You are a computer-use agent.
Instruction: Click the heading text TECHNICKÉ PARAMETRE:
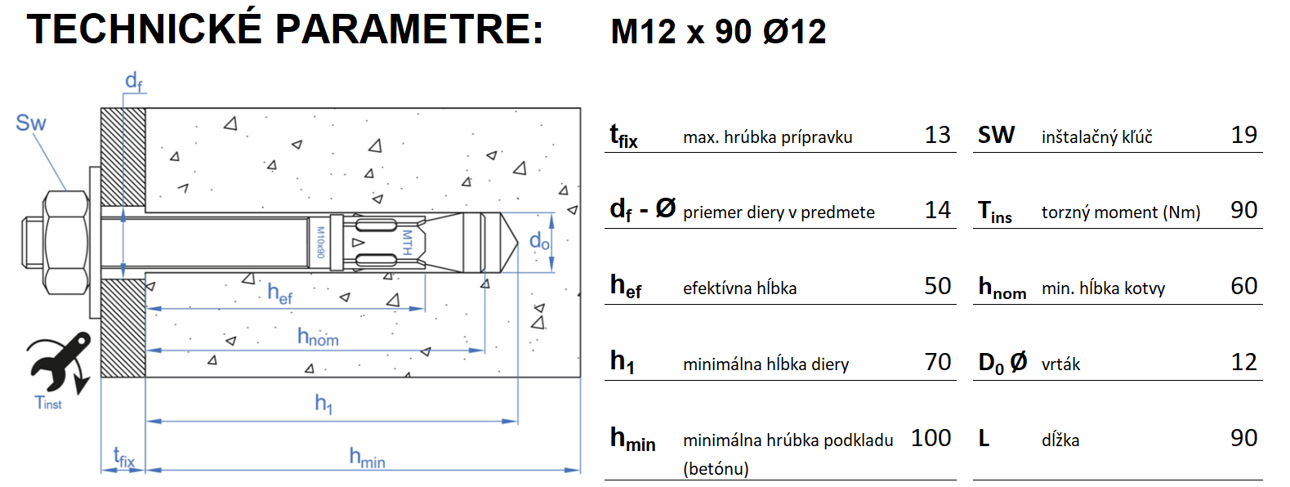[285, 29]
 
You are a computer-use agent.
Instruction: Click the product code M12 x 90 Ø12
[718, 32]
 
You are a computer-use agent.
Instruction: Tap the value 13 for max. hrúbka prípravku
[937, 135]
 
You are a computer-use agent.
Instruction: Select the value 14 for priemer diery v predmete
[937, 211]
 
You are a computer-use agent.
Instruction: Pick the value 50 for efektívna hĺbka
[937, 286]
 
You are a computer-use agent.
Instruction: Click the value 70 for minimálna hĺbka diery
[937, 362]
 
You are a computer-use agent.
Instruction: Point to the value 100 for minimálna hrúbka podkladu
[931, 438]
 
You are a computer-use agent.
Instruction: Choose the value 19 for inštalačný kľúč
[1243, 135]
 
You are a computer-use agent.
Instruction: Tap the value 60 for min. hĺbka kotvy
[1243, 286]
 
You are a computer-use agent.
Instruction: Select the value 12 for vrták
[1243, 362]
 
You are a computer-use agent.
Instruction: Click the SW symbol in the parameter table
[996, 135]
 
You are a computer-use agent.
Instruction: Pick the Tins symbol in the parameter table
[994, 212]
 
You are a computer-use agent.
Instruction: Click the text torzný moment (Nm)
[1120, 212]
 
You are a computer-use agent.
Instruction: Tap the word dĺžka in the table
[1060, 440]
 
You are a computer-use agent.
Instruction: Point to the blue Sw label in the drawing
[31, 123]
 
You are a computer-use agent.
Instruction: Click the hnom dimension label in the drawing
[318, 337]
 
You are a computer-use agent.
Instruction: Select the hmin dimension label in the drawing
[367, 458]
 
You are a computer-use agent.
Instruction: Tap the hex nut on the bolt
[66, 242]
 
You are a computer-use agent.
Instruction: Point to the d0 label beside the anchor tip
[539, 241]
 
